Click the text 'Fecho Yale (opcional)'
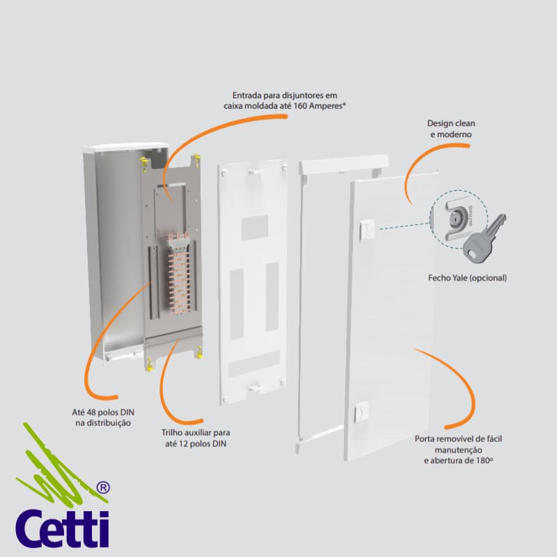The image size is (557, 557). (467, 278)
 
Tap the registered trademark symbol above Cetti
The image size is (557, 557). (101, 488)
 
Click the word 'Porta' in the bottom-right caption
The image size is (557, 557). (426, 439)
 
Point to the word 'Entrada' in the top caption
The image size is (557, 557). (248, 95)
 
